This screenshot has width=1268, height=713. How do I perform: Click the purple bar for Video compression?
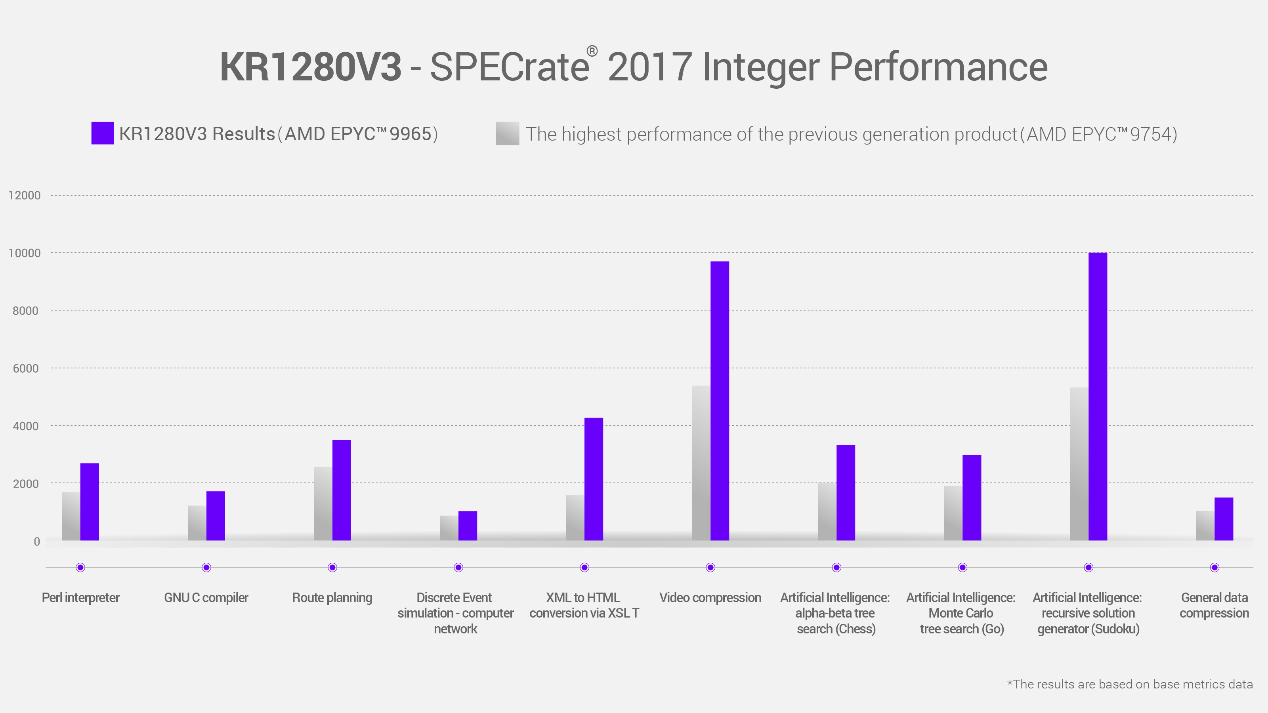(720, 401)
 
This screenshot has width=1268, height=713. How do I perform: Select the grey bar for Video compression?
(701, 463)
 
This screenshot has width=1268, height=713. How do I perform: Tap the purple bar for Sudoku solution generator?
(1098, 397)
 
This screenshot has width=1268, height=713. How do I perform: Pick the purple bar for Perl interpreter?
(90, 502)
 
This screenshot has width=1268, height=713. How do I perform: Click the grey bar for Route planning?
(323, 503)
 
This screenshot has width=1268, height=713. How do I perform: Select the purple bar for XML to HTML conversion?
(594, 479)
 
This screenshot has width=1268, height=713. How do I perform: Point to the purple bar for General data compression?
(1224, 519)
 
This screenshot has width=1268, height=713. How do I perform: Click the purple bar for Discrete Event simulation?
(468, 526)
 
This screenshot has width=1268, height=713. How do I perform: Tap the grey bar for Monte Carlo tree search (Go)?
(953, 513)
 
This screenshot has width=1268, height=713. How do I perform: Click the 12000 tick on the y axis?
(25, 195)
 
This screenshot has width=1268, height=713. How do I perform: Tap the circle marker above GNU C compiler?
(206, 567)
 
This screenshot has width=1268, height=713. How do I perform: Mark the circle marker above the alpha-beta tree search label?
(836, 567)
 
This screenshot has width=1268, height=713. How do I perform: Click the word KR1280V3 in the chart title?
(310, 67)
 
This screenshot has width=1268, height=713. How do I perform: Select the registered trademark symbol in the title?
(592, 51)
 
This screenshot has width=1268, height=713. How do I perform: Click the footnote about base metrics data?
(1130, 684)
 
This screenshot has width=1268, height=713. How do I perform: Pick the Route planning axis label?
(332, 598)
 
